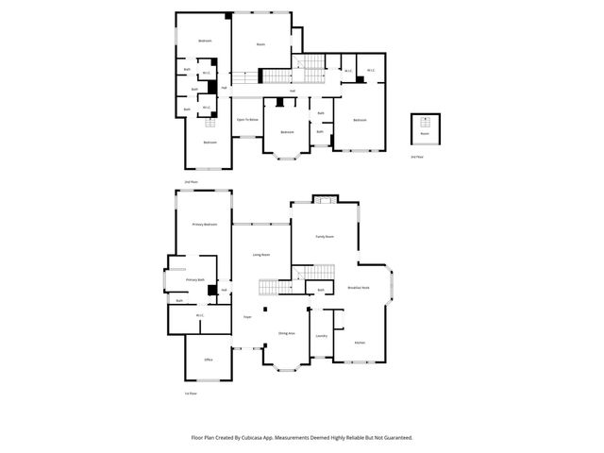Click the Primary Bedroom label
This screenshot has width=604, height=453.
[205, 225]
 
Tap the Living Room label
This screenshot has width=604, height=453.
[261, 255]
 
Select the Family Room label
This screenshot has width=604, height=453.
[324, 236]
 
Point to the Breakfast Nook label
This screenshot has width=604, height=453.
[359, 287]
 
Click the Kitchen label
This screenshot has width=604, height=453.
[360, 343]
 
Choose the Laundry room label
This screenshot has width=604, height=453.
[321, 336]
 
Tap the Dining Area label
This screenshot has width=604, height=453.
[286, 334]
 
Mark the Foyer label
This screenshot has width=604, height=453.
[247, 317]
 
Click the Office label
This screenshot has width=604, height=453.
[209, 360]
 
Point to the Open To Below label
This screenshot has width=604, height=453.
[247, 120]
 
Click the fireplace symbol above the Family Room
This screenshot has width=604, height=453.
[324, 199]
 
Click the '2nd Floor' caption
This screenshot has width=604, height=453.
[191, 180]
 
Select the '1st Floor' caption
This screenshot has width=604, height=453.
[191, 393]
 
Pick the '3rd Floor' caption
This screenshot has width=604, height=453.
[418, 157]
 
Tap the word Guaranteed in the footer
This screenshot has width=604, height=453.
[394, 438]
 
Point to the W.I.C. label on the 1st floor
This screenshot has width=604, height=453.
[200, 315]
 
